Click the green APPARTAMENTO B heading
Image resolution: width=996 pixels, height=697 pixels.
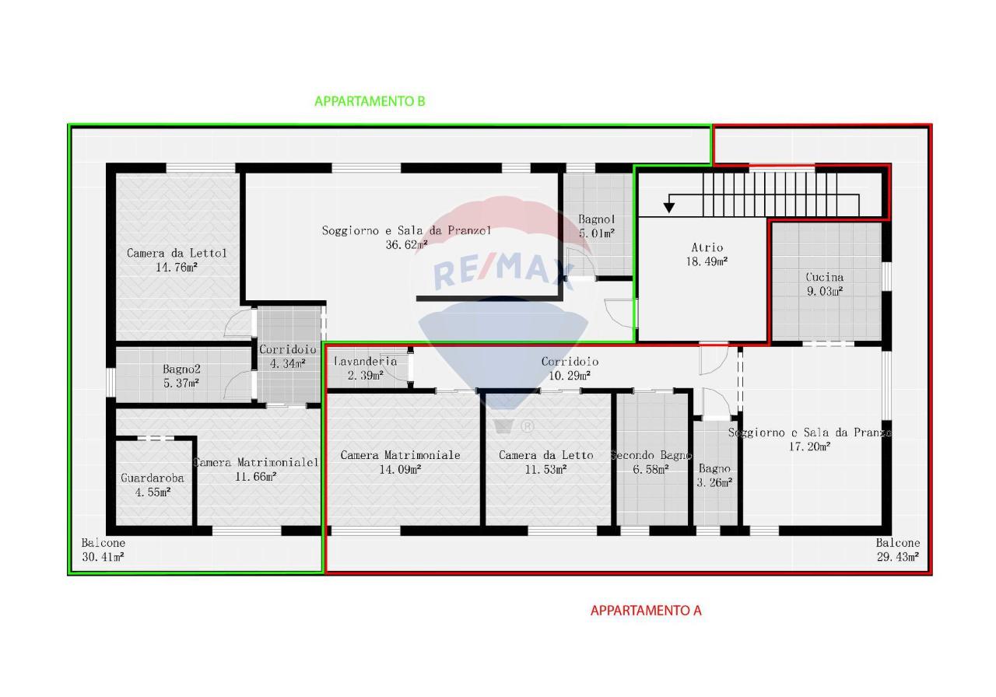click(x=370, y=101)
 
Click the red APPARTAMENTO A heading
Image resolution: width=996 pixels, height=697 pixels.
click(x=646, y=611)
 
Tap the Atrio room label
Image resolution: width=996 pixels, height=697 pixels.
click(x=707, y=247)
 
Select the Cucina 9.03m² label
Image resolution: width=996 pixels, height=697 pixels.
click(x=825, y=284)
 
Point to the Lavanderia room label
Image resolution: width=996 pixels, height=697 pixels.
click(x=365, y=361)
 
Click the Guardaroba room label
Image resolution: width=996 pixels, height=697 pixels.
click(x=153, y=478)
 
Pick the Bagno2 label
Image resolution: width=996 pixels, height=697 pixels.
click(x=181, y=369)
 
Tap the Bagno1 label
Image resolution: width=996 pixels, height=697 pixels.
click(x=597, y=219)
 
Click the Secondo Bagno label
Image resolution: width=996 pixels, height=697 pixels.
click(x=651, y=455)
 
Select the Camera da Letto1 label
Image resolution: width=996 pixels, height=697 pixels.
click(x=177, y=253)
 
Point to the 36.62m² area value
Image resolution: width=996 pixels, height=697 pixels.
click(x=406, y=244)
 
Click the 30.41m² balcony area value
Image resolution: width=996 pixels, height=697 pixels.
click(x=103, y=556)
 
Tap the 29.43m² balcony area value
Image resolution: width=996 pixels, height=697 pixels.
click(x=898, y=556)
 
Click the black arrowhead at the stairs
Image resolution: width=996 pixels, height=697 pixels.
click(x=668, y=208)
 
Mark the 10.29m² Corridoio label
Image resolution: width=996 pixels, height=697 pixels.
click(x=570, y=369)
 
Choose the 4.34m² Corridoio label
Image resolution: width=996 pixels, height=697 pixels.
click(x=288, y=356)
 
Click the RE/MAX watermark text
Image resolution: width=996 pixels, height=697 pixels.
click(x=503, y=270)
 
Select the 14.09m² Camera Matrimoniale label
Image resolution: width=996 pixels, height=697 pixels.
click(x=400, y=462)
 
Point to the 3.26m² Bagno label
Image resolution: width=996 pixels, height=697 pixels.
click(x=714, y=475)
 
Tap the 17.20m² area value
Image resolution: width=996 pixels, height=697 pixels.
click(x=809, y=447)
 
